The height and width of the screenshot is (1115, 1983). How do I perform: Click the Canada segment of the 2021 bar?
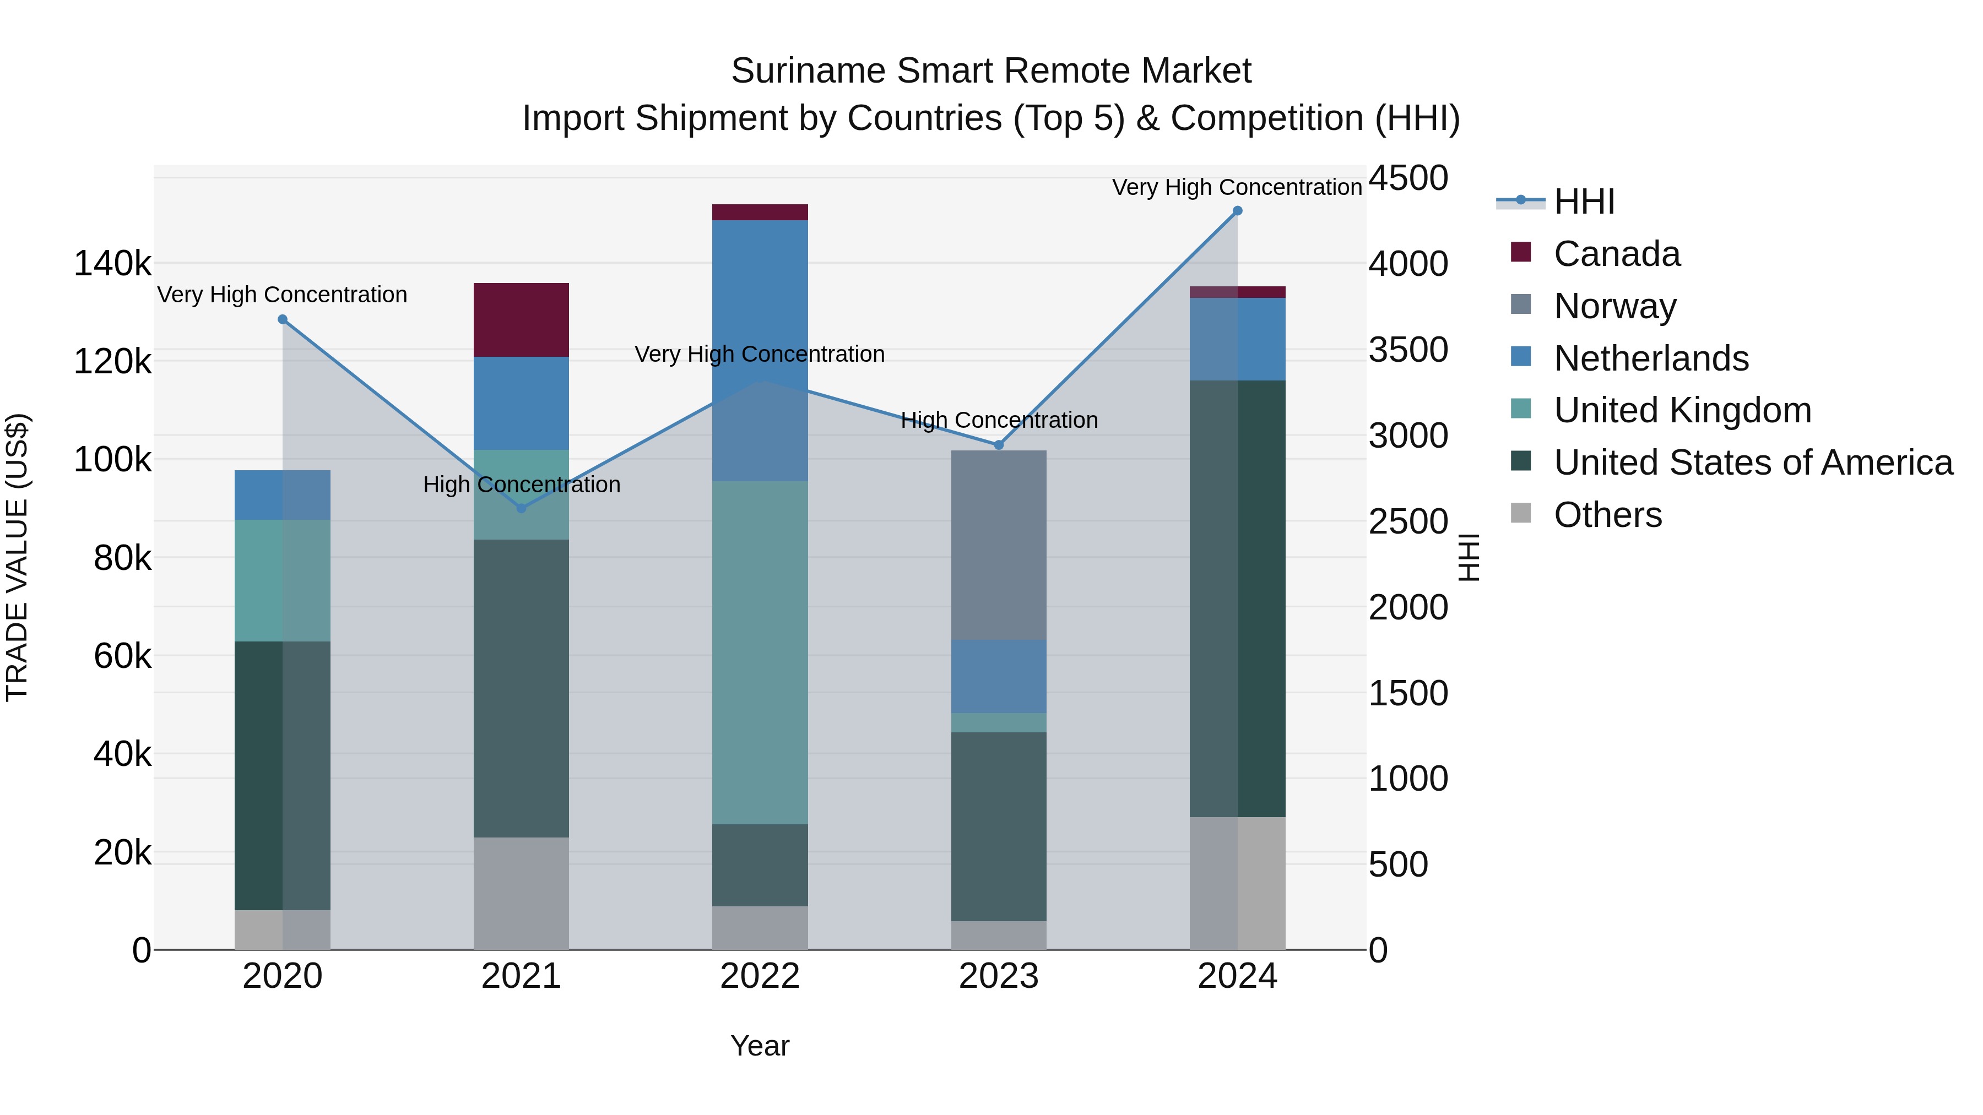click(x=521, y=319)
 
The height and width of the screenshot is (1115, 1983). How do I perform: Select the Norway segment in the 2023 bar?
click(x=999, y=545)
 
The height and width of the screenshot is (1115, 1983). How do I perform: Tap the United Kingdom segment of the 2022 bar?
click(x=759, y=652)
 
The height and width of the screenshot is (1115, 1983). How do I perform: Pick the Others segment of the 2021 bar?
click(x=521, y=893)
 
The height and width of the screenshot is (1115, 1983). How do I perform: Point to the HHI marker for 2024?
click(x=1237, y=211)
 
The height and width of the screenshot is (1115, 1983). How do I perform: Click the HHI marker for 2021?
click(x=521, y=508)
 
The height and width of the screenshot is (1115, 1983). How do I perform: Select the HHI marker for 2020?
click(x=283, y=319)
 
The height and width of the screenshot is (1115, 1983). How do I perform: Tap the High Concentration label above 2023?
click(x=999, y=420)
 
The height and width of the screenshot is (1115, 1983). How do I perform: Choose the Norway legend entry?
click(x=1614, y=306)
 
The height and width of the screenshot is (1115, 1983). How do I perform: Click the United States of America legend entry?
click(x=1753, y=463)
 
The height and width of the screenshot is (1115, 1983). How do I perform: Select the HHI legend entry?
click(x=1584, y=202)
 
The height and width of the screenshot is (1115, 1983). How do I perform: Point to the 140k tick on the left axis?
click(x=112, y=264)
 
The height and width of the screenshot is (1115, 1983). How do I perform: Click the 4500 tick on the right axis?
click(x=1408, y=178)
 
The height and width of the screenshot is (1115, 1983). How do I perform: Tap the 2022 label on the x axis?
click(x=759, y=976)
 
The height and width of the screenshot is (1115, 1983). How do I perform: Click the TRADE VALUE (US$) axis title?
click(x=17, y=557)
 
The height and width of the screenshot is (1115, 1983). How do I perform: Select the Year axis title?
click(x=759, y=1046)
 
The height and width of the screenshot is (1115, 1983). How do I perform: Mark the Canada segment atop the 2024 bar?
click(x=1237, y=292)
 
